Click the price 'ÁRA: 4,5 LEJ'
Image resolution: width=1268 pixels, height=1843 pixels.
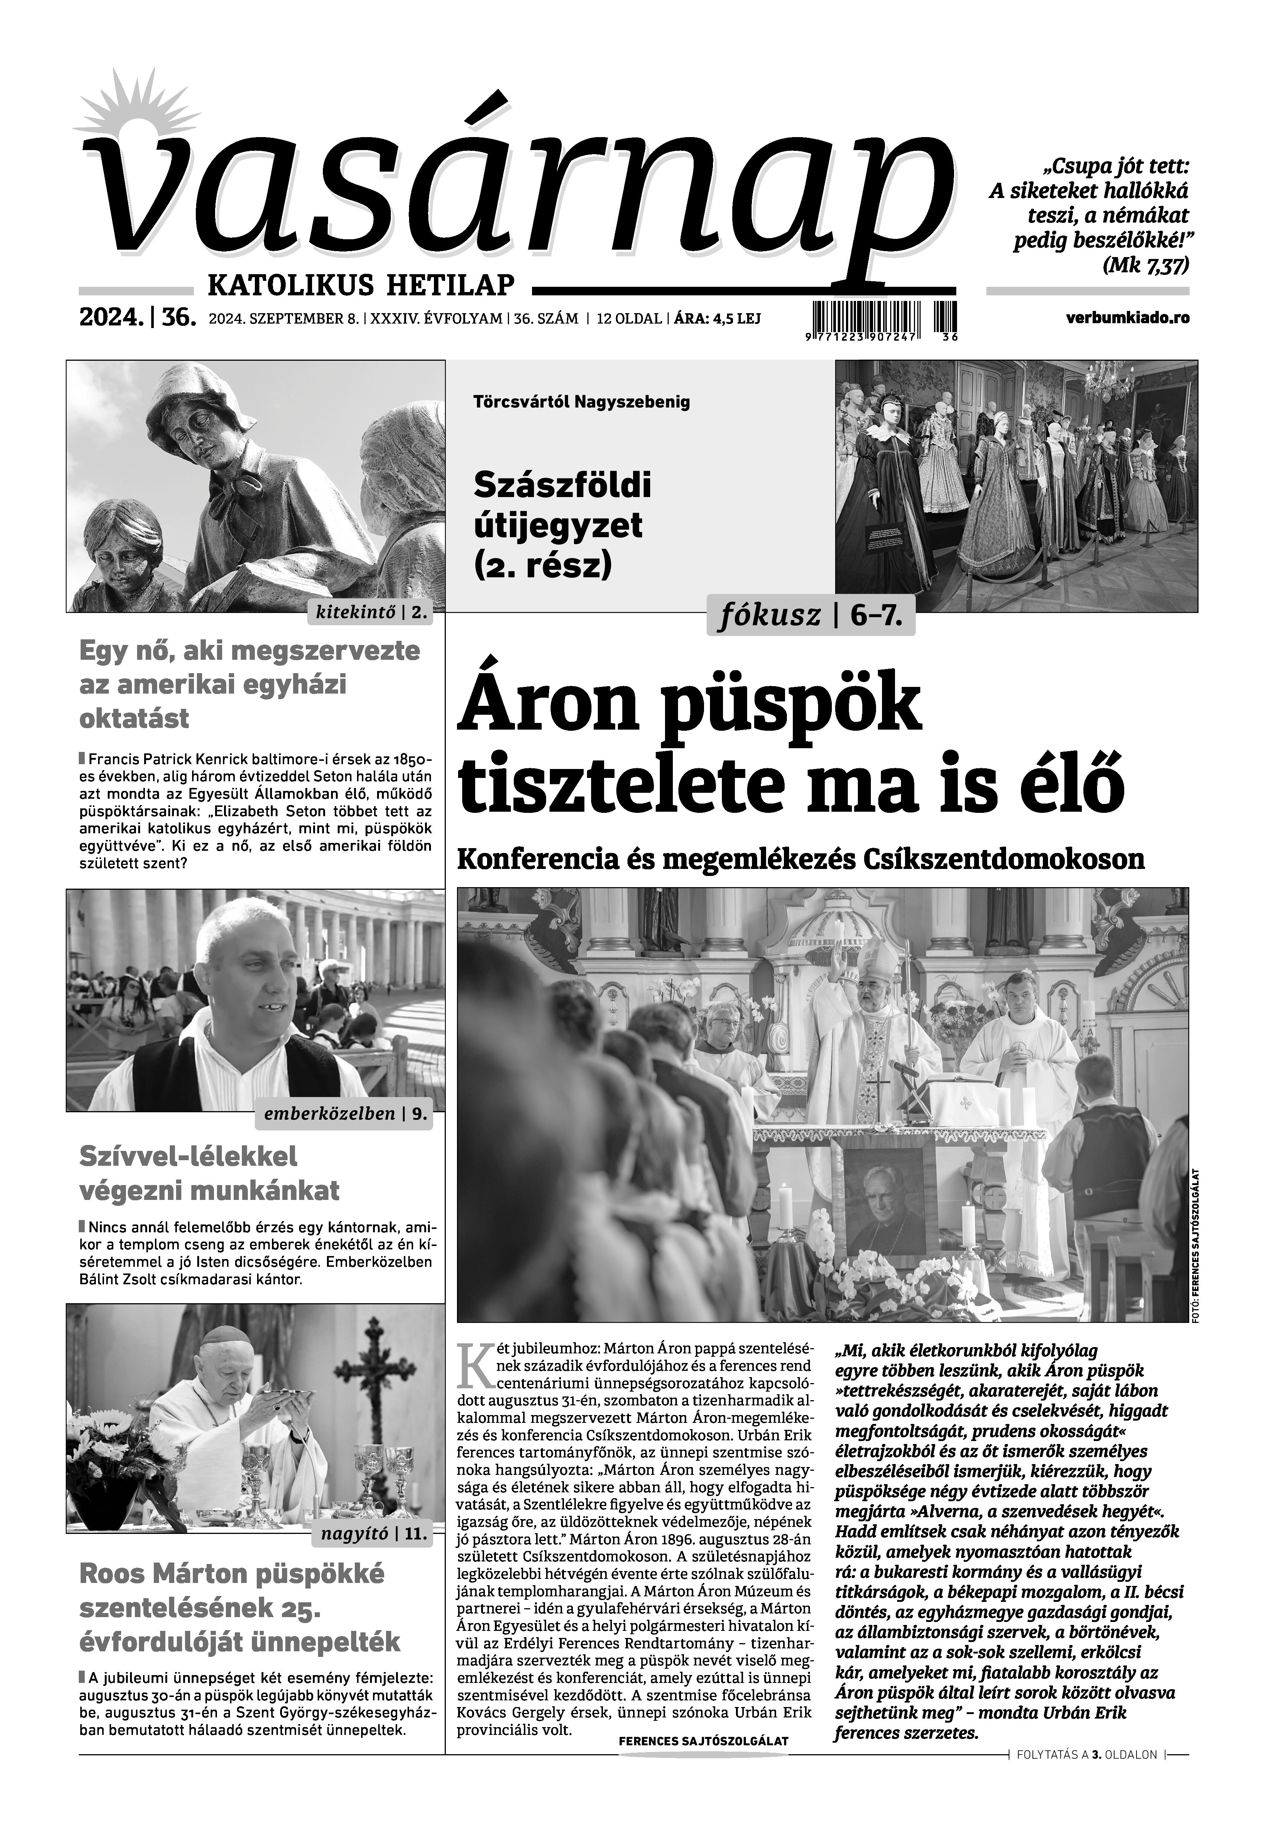tap(717, 318)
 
